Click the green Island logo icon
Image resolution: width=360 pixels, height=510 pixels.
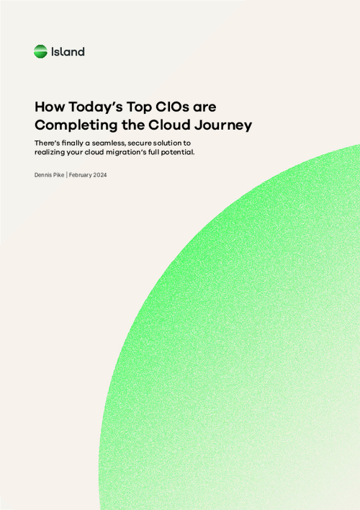[x=40, y=52]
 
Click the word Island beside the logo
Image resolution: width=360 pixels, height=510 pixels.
[x=68, y=52]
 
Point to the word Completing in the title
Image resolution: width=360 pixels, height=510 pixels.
[x=76, y=125]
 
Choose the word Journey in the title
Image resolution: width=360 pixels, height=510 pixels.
[x=223, y=125]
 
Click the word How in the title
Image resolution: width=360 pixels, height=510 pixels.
[x=50, y=107]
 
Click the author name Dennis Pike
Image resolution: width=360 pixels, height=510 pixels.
[x=50, y=175]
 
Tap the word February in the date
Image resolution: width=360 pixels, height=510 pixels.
[x=81, y=175]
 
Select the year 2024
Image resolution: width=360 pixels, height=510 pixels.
[x=100, y=175]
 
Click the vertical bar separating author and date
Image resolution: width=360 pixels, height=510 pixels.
[x=67, y=175]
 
